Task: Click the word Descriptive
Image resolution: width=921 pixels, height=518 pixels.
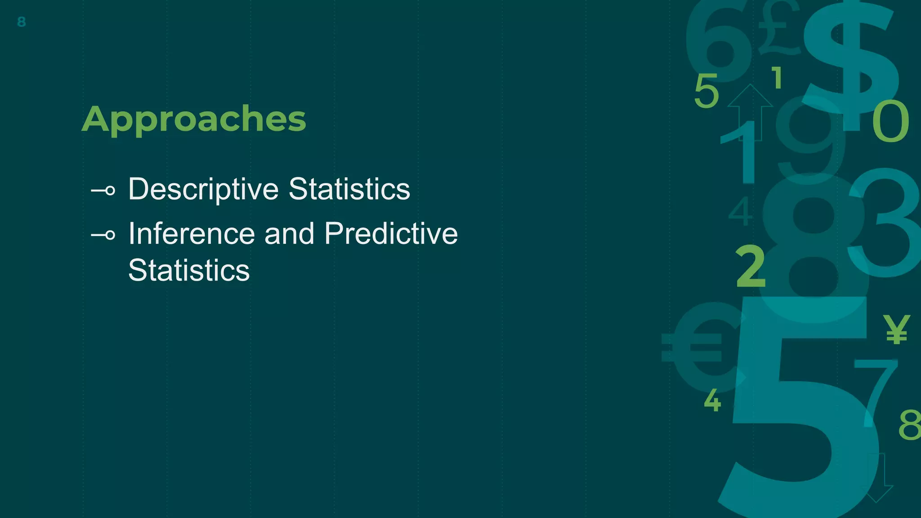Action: [203, 189]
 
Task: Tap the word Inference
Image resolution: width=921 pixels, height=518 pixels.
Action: [192, 234]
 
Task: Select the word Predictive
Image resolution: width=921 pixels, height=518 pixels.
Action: [391, 234]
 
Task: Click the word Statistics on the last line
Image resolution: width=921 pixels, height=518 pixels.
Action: [188, 270]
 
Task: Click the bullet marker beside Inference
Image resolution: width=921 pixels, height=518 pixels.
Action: [104, 235]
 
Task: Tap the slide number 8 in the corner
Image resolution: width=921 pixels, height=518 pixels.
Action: [21, 22]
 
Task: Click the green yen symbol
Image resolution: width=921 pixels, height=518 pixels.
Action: [896, 329]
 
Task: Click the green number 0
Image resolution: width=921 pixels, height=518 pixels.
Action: [890, 121]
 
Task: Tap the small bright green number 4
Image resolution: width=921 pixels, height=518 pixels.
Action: [712, 400]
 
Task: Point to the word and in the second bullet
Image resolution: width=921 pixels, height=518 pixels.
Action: [289, 234]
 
